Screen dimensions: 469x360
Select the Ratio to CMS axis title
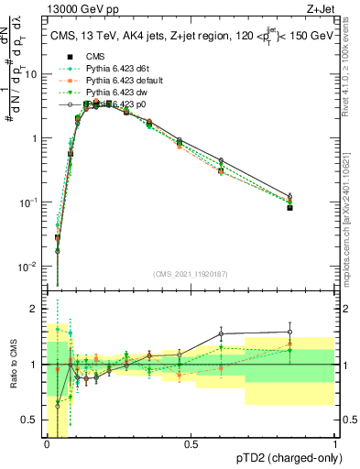pos(13,365)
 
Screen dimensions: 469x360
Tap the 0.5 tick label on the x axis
pos(191,444)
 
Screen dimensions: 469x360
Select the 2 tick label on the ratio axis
pos(35,307)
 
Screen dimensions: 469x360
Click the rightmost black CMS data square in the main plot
pos(289,208)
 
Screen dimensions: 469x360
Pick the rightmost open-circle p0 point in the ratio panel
pos(289,332)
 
